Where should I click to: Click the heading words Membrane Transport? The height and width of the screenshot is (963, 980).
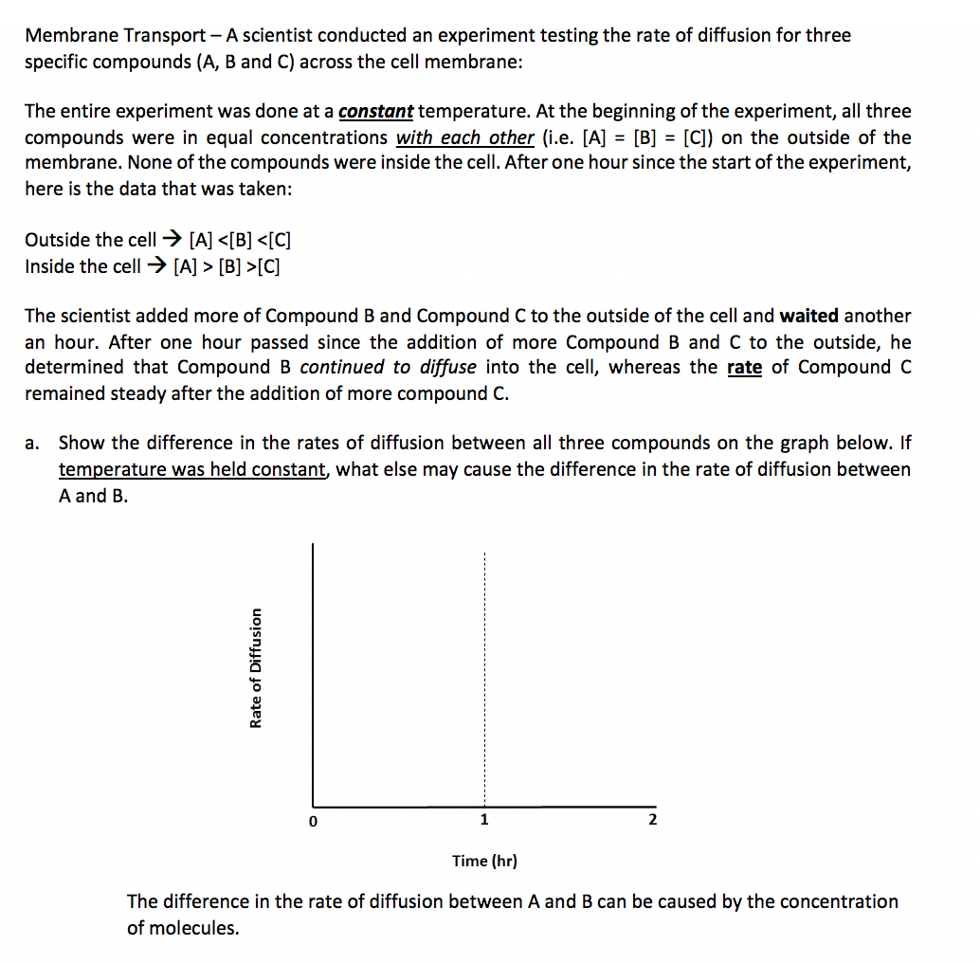tap(115, 36)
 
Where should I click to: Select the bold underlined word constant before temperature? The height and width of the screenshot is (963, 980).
tap(375, 112)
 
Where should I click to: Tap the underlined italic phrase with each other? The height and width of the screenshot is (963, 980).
tap(464, 137)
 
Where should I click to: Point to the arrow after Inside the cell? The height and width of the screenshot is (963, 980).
tap(158, 266)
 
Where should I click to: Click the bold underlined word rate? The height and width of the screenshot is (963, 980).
tap(744, 367)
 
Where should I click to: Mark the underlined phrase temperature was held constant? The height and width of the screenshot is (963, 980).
tap(192, 469)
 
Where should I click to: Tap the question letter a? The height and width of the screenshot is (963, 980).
tap(33, 443)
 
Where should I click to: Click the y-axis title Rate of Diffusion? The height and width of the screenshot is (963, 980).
tap(255, 667)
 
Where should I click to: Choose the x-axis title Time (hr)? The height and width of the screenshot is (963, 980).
tap(484, 861)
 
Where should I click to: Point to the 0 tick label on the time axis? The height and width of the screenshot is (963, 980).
tap(311, 821)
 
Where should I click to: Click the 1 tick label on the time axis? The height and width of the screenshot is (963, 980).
tap(484, 820)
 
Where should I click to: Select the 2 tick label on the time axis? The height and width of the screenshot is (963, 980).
tap(651, 820)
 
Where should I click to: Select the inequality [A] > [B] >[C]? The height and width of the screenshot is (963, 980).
tap(227, 266)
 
